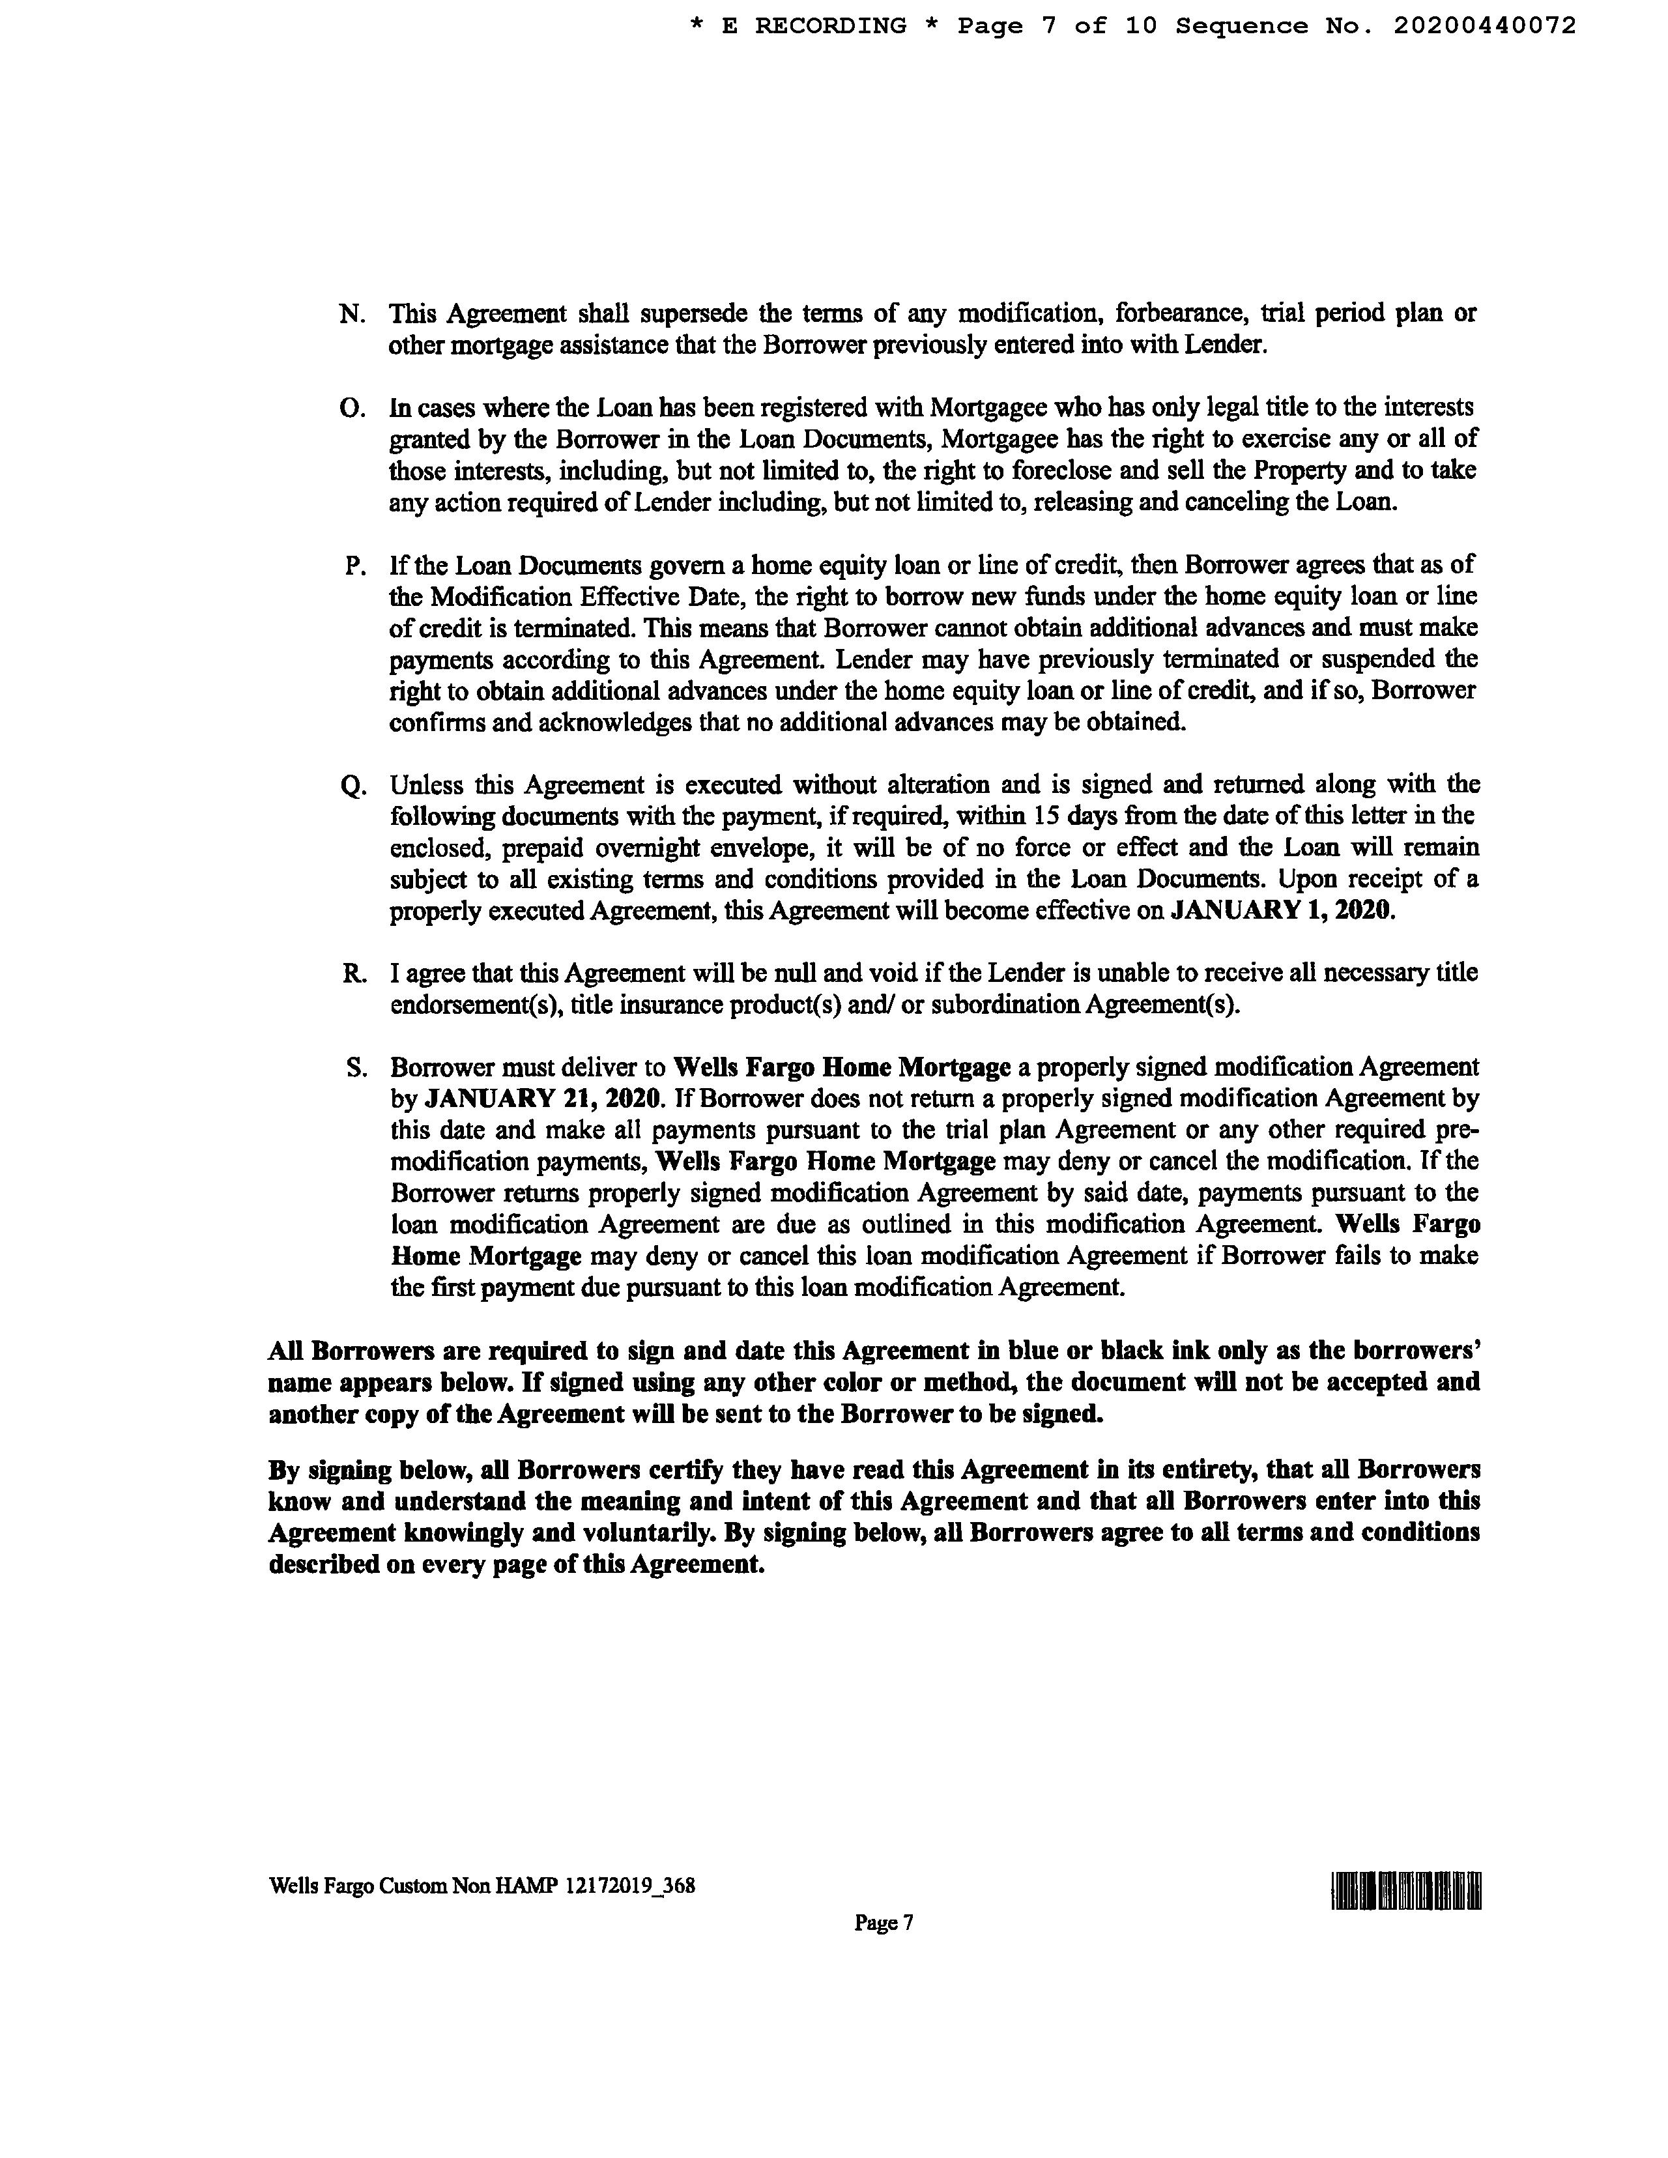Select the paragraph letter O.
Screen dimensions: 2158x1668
[x=352, y=408]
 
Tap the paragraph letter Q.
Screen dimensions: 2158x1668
[x=352, y=786]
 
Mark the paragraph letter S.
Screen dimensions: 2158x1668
[x=356, y=1068]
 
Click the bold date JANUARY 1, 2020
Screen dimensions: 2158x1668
[x=1282, y=910]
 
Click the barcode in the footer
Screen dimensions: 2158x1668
[x=1406, y=1890]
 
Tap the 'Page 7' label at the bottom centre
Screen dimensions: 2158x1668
[x=884, y=1922]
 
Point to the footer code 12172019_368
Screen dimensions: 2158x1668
[x=629, y=1885]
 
